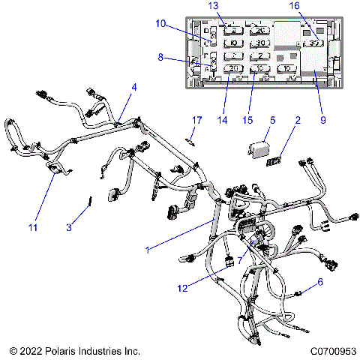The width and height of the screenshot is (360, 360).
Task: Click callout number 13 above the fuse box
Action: pos(213,6)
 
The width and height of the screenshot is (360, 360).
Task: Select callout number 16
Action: pos(313,6)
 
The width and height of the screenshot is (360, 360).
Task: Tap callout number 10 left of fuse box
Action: pos(162,24)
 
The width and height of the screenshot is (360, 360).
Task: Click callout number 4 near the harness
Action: pos(133,87)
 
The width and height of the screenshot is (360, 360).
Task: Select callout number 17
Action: pos(197,120)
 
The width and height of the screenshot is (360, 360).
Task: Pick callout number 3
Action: pos(68,227)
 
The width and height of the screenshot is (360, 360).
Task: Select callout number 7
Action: pos(239,259)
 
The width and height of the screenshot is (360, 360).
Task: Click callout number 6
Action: pos(320,283)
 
